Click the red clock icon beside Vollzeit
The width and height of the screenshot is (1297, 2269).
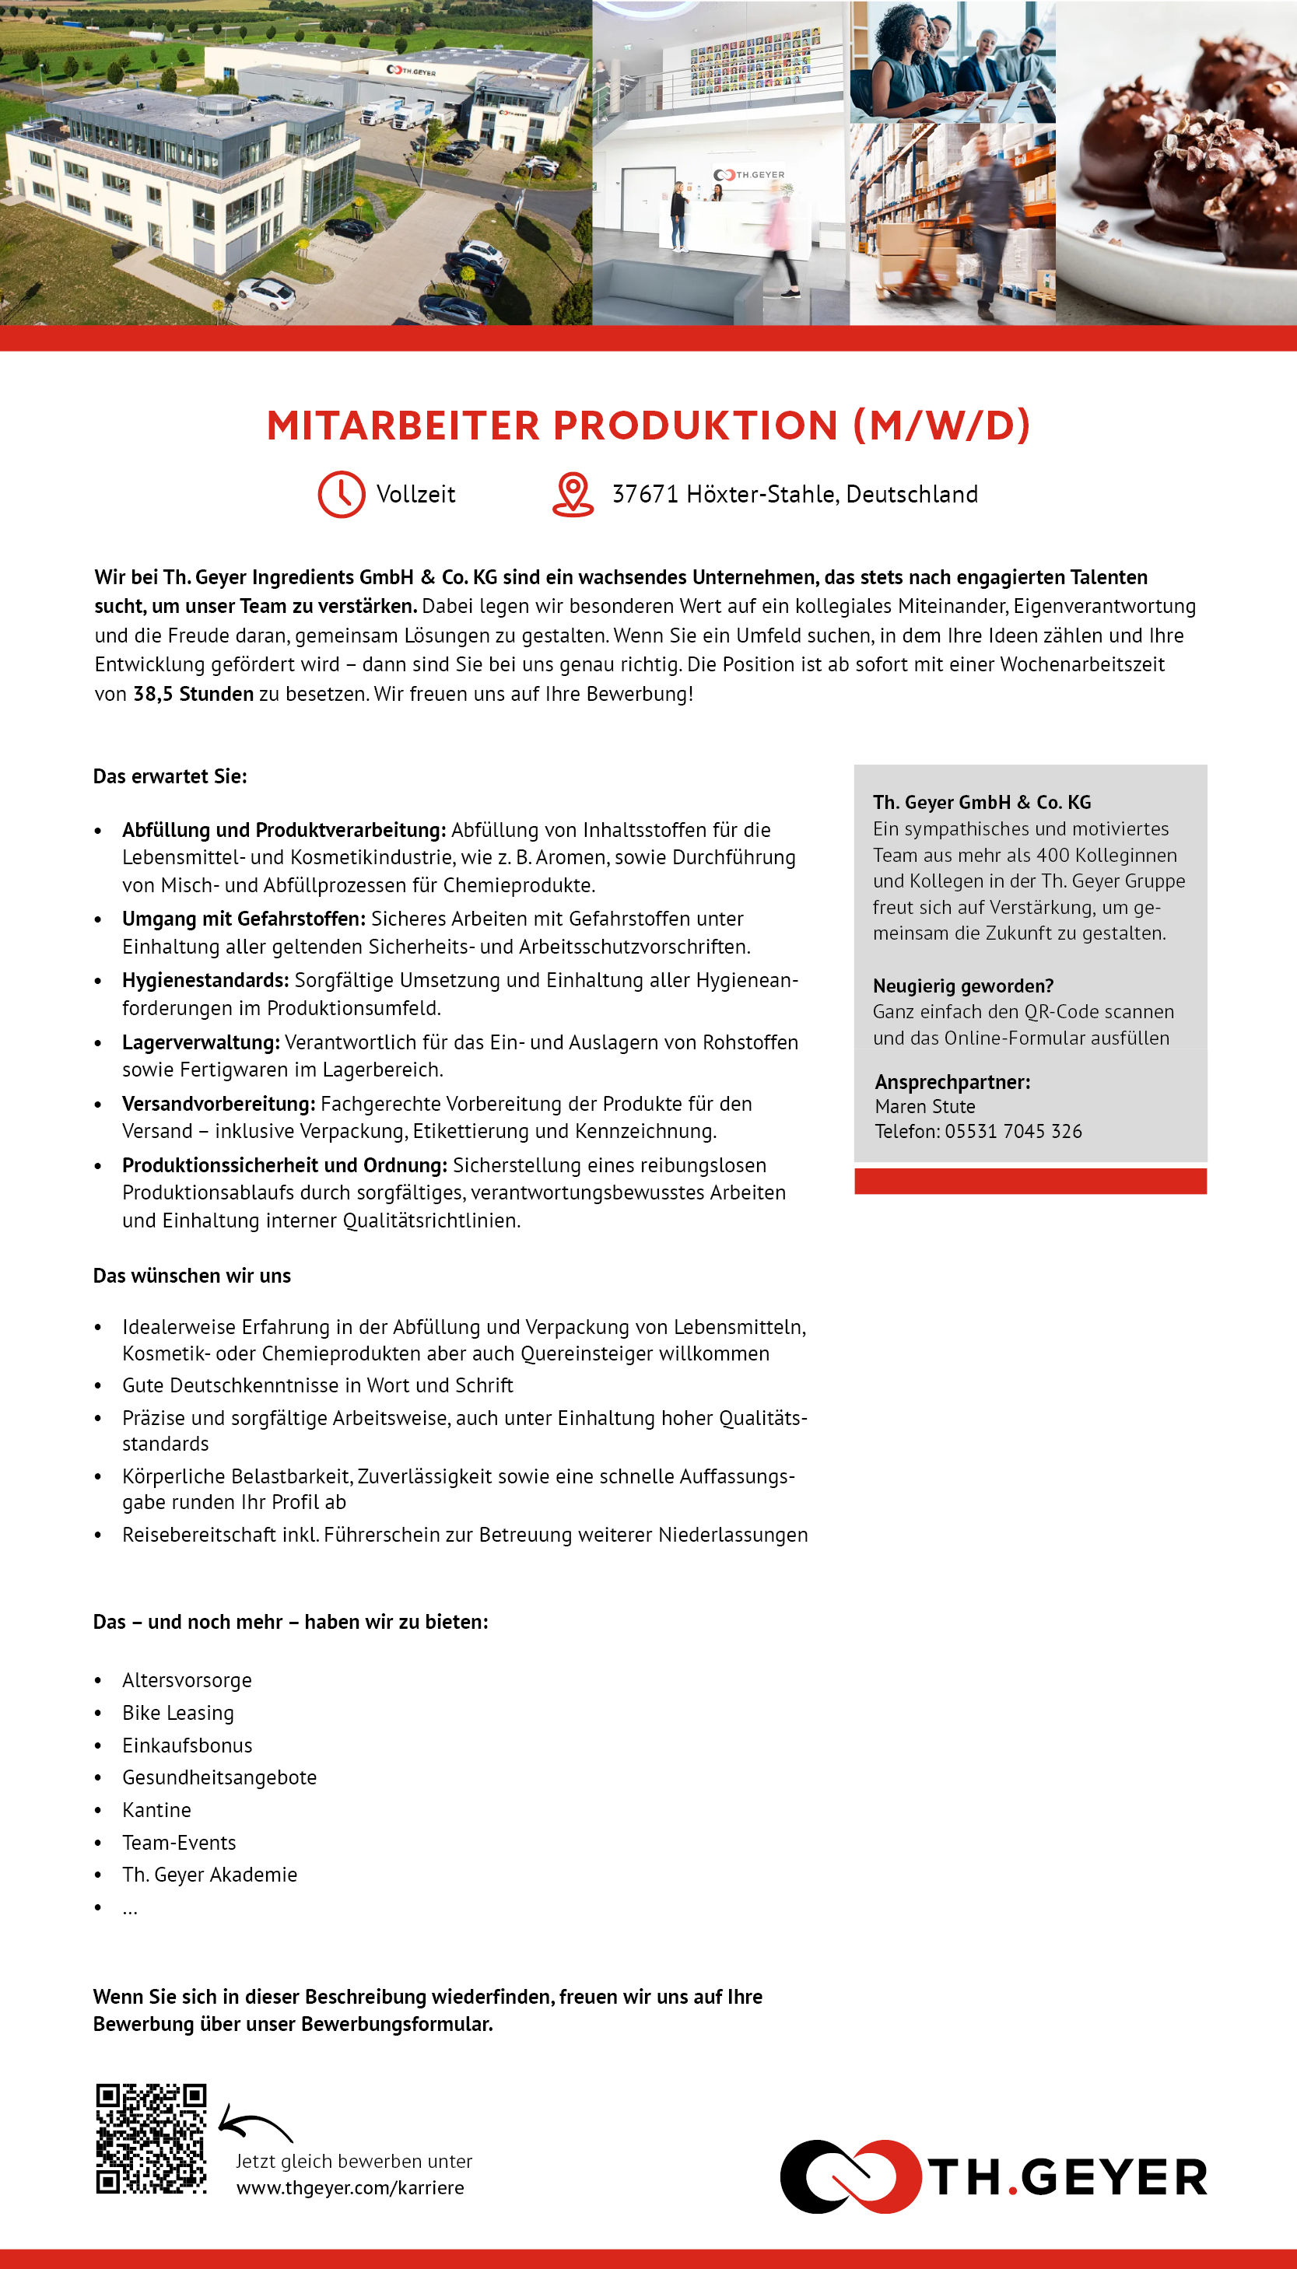(342, 494)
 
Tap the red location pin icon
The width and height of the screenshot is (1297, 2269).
(573, 494)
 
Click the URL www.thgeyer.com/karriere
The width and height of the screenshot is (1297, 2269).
(350, 2187)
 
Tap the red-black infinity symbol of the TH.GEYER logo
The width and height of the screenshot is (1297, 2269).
(850, 2176)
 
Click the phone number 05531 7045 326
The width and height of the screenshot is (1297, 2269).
(1013, 1131)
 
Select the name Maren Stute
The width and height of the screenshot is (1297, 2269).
(924, 1106)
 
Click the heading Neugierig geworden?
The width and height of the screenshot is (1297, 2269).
(963, 986)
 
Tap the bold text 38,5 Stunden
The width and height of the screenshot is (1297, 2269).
(193, 694)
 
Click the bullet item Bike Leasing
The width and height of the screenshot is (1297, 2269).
(178, 1712)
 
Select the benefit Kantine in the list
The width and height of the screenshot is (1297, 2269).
(157, 1809)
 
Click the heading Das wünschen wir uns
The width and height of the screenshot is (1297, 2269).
(191, 1275)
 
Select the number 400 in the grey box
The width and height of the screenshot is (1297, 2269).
(1052, 855)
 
